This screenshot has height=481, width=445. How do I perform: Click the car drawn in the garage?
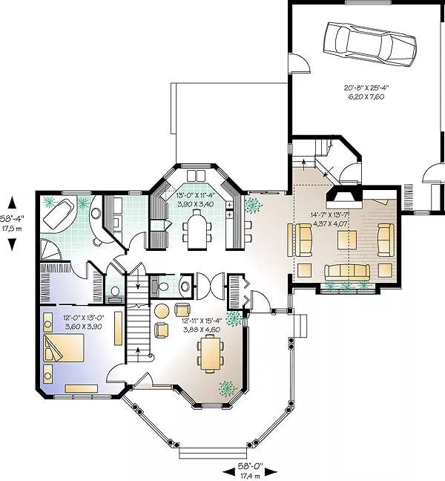[x=369, y=45]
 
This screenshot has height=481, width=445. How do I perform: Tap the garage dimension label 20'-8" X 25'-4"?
[x=366, y=88]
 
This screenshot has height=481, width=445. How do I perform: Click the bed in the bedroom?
[x=64, y=348]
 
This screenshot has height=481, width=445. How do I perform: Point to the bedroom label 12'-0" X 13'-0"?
[x=83, y=318]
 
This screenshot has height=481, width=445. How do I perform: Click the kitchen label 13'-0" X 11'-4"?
[x=196, y=196]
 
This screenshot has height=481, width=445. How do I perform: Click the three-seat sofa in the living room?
[x=347, y=272]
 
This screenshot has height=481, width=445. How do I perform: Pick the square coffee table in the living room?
[x=347, y=240]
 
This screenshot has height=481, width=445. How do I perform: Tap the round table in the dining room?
[x=162, y=311]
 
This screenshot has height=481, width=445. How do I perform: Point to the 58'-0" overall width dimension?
[x=251, y=466]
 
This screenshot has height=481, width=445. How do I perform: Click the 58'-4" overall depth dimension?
[x=12, y=218]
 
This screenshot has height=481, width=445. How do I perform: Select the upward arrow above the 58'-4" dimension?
[x=12, y=203]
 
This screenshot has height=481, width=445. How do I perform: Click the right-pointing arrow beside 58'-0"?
[x=271, y=473]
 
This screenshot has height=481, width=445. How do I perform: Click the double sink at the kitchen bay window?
[x=196, y=175]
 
